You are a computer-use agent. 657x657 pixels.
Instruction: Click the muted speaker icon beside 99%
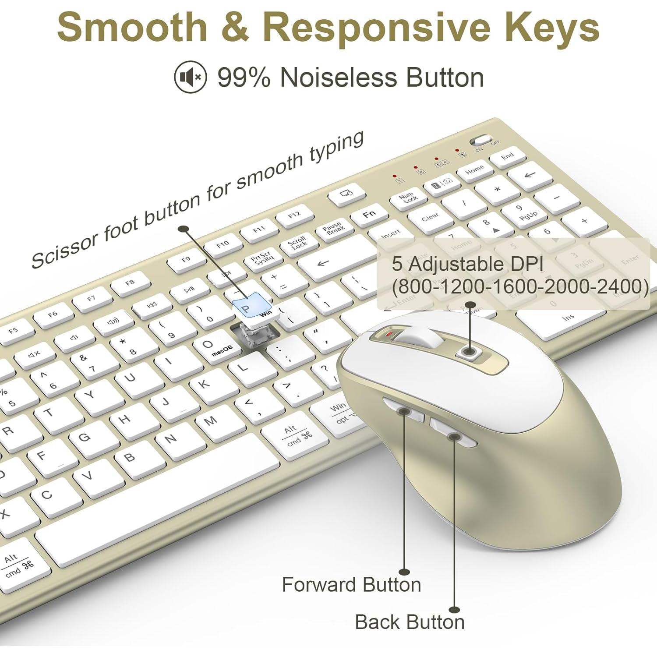pos(190,78)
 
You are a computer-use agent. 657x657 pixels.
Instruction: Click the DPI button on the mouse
pos(470,351)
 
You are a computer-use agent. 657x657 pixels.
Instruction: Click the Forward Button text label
pos(351,585)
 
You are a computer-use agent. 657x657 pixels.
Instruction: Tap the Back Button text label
pos(410,622)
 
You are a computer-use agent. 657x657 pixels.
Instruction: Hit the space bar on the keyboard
pos(158,495)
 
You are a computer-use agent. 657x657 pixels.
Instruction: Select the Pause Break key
pos(334,228)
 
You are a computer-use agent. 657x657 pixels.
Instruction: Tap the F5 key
pos(14,330)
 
